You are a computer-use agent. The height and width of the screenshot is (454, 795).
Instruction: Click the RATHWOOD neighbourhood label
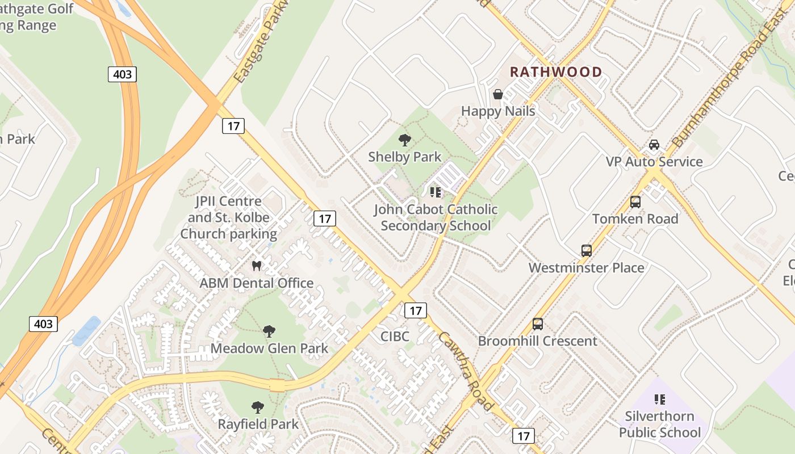point(556,72)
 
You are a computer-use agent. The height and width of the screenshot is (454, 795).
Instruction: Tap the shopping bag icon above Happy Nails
point(498,94)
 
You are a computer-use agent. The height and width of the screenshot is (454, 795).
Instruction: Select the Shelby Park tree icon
point(404,140)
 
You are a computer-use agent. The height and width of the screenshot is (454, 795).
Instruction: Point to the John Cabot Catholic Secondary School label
point(436,217)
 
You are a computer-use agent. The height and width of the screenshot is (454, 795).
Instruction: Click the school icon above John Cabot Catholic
point(436,192)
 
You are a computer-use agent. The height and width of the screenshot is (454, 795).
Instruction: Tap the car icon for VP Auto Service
point(654,145)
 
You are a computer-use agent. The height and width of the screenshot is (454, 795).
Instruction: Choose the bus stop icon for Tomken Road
point(635,202)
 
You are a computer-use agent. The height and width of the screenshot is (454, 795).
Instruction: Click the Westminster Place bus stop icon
point(587,251)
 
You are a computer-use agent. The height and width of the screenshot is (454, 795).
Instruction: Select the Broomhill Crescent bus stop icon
point(538,324)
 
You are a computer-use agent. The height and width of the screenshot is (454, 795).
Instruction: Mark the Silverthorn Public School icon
point(660,400)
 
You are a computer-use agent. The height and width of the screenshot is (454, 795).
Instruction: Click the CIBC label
point(395,336)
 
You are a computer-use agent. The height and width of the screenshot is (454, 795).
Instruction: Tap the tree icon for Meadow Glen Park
point(269,331)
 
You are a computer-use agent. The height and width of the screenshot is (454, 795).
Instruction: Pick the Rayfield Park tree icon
point(258,407)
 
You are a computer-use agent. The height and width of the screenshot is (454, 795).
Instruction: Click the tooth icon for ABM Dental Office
point(256,266)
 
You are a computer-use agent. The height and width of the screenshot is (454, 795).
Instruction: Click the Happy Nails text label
point(498,111)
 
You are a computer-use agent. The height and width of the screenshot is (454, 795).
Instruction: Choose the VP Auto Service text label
point(654,162)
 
